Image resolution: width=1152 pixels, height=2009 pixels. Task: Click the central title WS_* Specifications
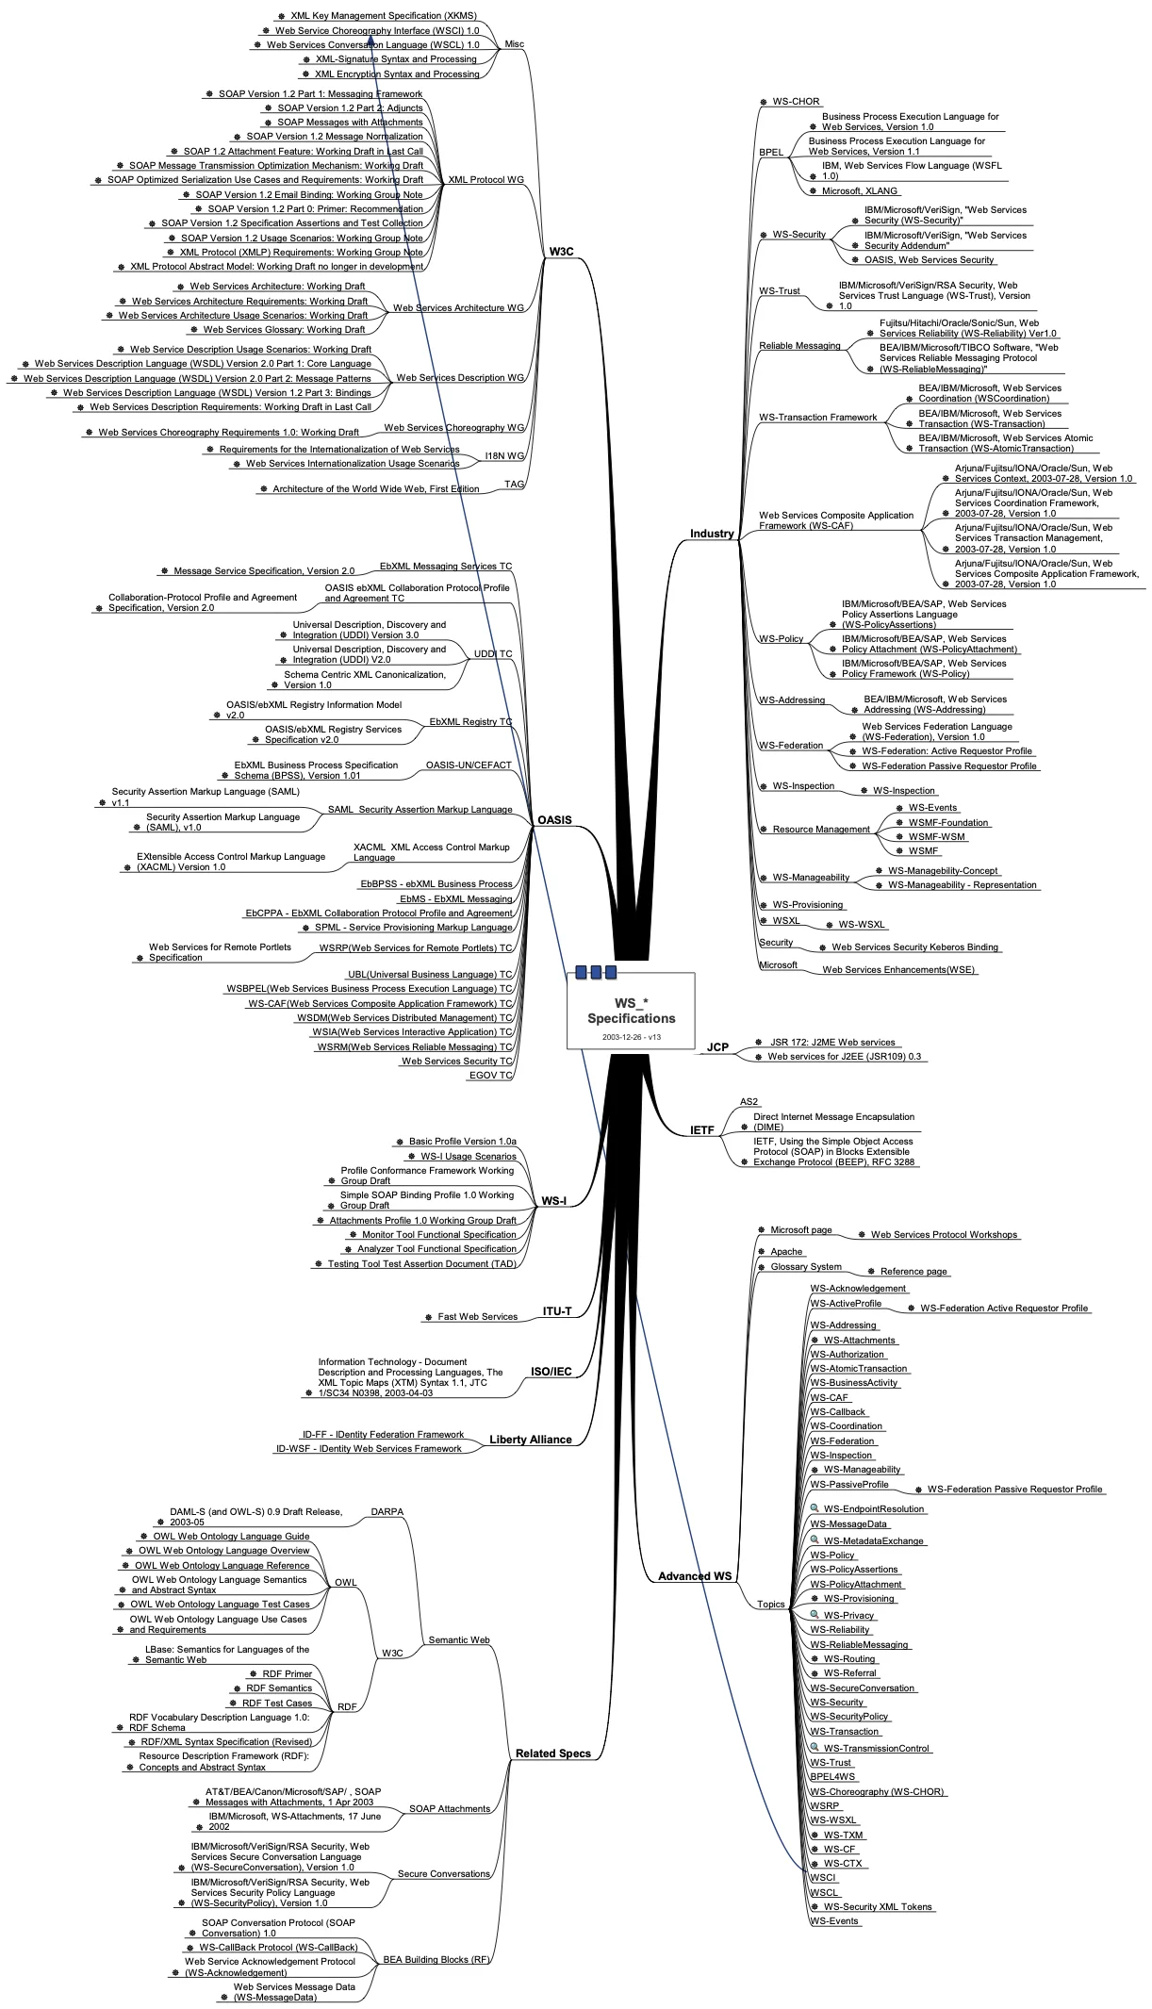tap(631, 1011)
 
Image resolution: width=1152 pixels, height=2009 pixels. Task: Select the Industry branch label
tap(711, 534)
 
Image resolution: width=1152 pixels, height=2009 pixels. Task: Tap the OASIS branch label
tap(554, 819)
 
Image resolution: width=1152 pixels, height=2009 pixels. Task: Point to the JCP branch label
tap(717, 1046)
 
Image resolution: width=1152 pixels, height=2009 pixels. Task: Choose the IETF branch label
tap(702, 1129)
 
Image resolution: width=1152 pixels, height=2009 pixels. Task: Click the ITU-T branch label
tap(557, 1311)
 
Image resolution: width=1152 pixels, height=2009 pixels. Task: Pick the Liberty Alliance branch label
tap(531, 1440)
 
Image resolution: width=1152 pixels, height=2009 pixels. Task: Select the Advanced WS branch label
tap(695, 1576)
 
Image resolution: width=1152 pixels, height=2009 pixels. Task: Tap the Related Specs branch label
tap(553, 1754)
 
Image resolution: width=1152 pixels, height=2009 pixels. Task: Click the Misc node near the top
tap(514, 44)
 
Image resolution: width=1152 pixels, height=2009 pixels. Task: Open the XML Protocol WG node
tap(485, 180)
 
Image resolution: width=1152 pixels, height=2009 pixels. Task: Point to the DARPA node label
tap(387, 1511)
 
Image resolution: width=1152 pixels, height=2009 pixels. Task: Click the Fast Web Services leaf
tap(477, 1316)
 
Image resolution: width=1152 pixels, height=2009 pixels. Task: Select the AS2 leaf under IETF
tap(749, 1101)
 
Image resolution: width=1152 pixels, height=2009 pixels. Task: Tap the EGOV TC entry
tap(490, 1075)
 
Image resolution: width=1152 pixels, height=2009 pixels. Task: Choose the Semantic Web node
tap(459, 1639)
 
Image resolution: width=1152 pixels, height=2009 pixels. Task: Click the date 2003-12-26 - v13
tap(631, 1037)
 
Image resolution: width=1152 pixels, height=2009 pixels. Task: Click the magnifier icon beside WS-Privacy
tap(815, 1615)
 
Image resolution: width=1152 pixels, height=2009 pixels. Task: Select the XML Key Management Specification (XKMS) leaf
tap(383, 15)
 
